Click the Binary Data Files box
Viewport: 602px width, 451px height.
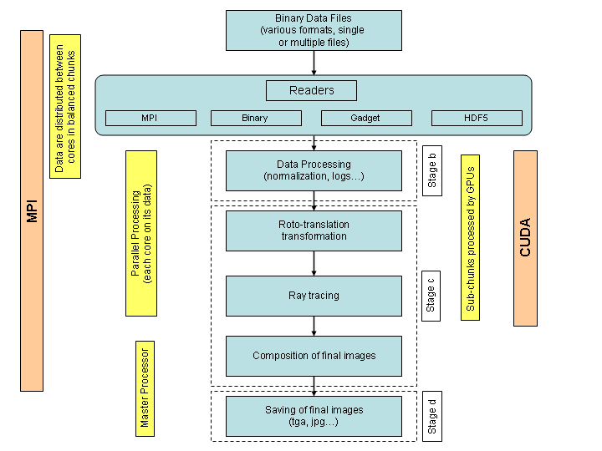[314, 30]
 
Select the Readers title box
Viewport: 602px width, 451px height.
[311, 90]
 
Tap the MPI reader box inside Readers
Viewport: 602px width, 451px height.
[150, 118]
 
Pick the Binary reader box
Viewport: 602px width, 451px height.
[256, 118]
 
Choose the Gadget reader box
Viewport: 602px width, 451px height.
[367, 118]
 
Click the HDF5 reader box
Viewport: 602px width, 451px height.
[477, 118]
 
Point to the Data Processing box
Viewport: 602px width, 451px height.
[314, 170]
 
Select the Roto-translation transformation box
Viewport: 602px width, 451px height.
[314, 231]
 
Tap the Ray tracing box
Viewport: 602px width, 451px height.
[314, 296]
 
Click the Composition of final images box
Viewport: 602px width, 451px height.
[314, 357]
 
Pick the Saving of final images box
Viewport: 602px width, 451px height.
[314, 417]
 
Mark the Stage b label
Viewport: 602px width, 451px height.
[432, 170]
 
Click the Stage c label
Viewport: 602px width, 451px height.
[431, 296]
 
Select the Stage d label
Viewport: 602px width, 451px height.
[432, 417]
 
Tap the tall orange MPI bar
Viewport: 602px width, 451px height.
[32, 211]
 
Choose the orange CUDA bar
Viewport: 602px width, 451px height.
[526, 239]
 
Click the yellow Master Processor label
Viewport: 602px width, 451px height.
[145, 389]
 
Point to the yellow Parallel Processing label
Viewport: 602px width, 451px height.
[141, 234]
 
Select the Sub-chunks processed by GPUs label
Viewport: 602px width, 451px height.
[470, 238]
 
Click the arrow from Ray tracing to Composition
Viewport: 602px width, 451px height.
[314, 327]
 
